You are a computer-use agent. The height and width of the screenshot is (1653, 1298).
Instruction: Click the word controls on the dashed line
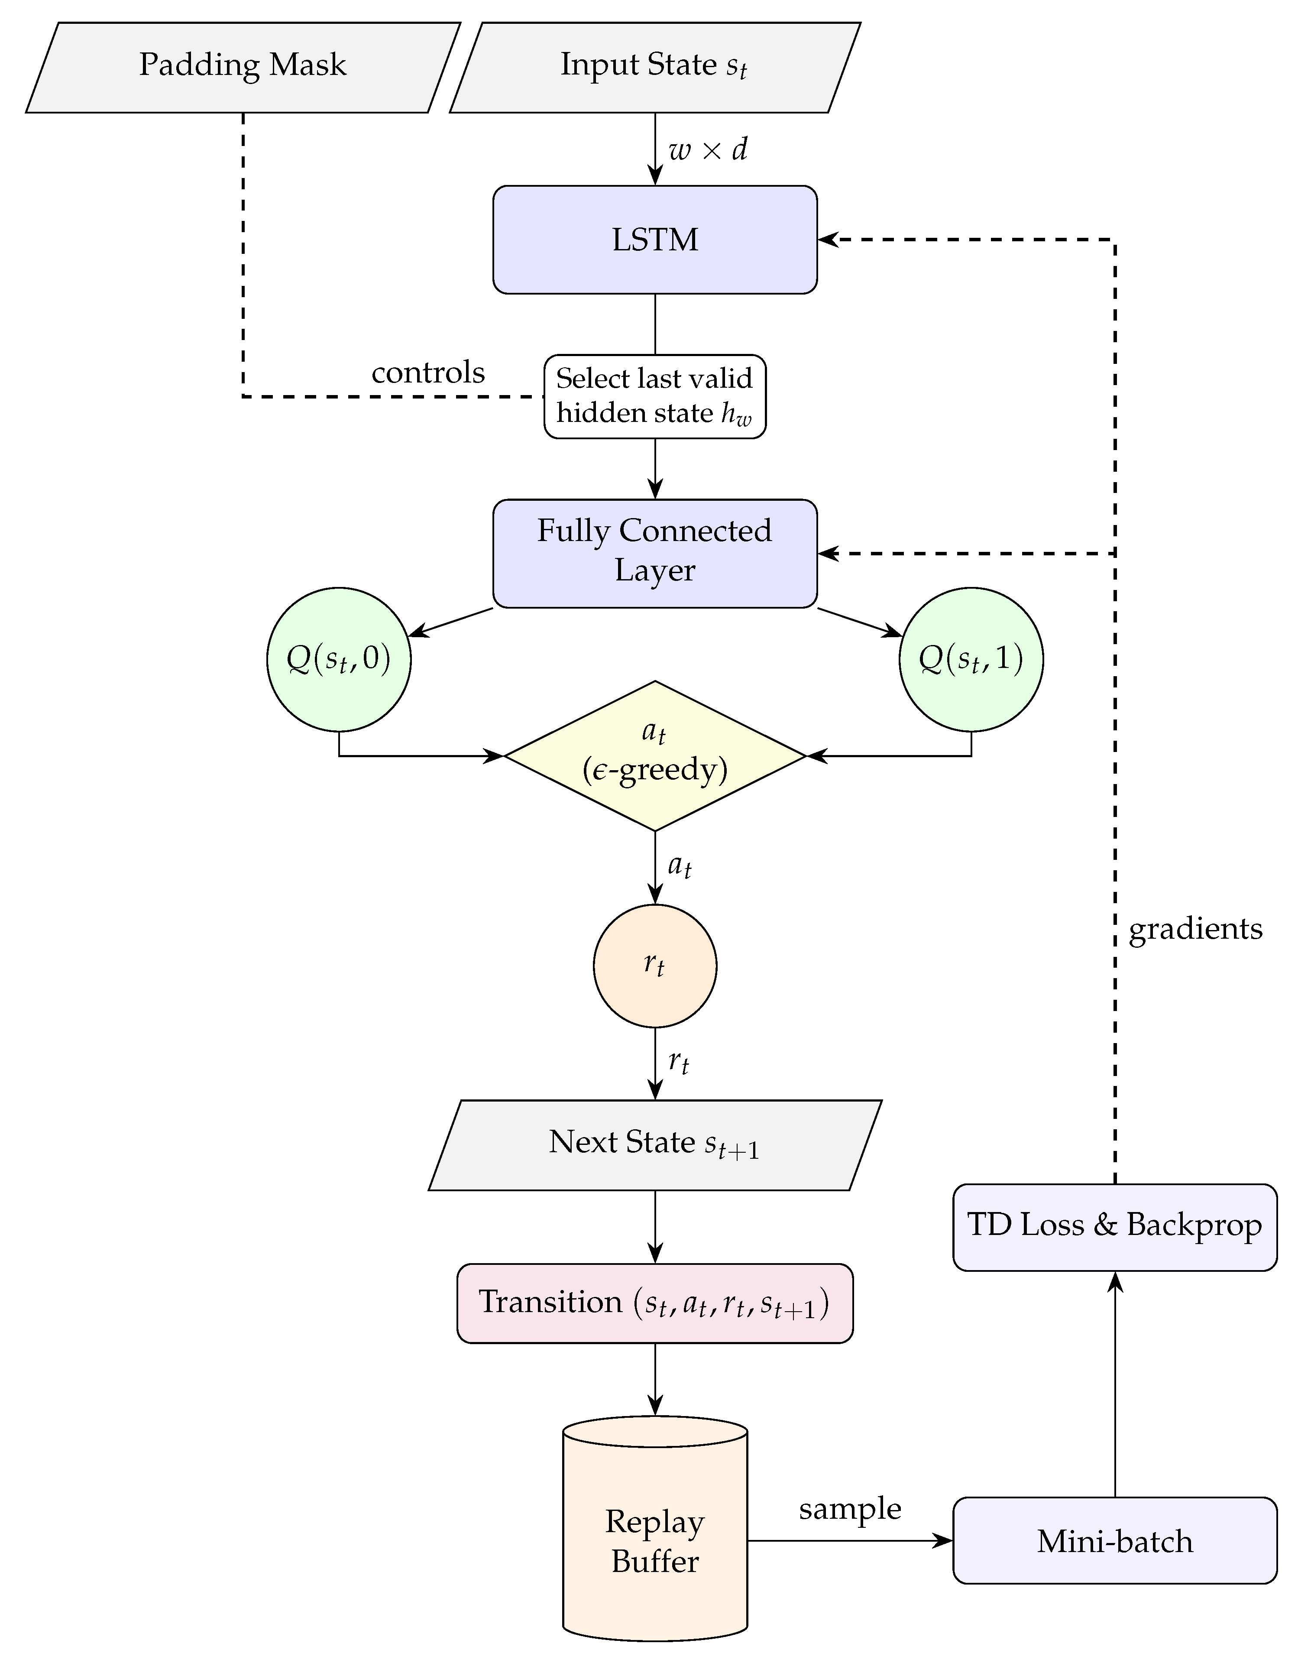428,373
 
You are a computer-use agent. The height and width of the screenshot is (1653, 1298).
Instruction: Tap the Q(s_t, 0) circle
339,659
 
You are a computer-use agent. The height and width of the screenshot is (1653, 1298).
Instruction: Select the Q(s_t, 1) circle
971,659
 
